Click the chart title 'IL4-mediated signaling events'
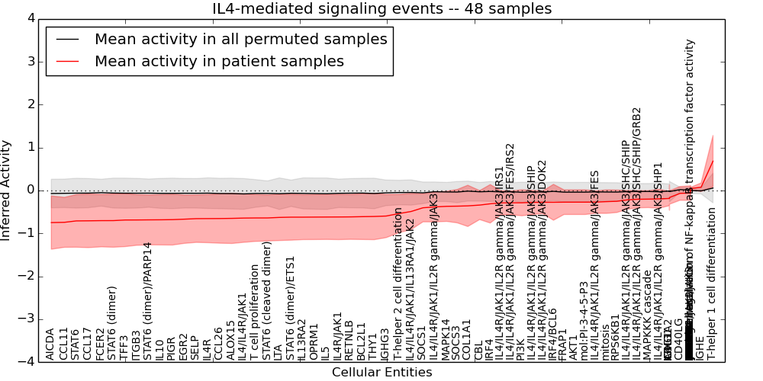[381, 9]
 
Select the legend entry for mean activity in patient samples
[219, 62]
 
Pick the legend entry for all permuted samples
[240, 40]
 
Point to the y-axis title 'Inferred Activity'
[7, 190]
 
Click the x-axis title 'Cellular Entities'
[381, 372]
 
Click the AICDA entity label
[50, 344]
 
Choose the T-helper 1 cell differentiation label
[711, 293]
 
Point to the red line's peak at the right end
[713, 161]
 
